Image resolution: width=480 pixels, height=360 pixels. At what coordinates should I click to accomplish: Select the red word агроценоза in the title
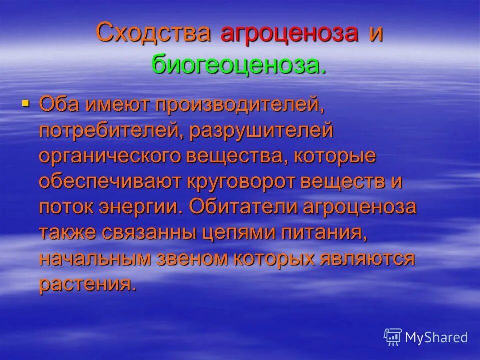[x=290, y=33]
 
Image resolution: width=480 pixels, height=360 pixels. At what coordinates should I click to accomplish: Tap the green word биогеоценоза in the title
[x=238, y=65]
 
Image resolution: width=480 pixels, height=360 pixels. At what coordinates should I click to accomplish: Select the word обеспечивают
[x=108, y=182]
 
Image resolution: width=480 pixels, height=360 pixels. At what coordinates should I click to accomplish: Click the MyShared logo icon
[x=393, y=337]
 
